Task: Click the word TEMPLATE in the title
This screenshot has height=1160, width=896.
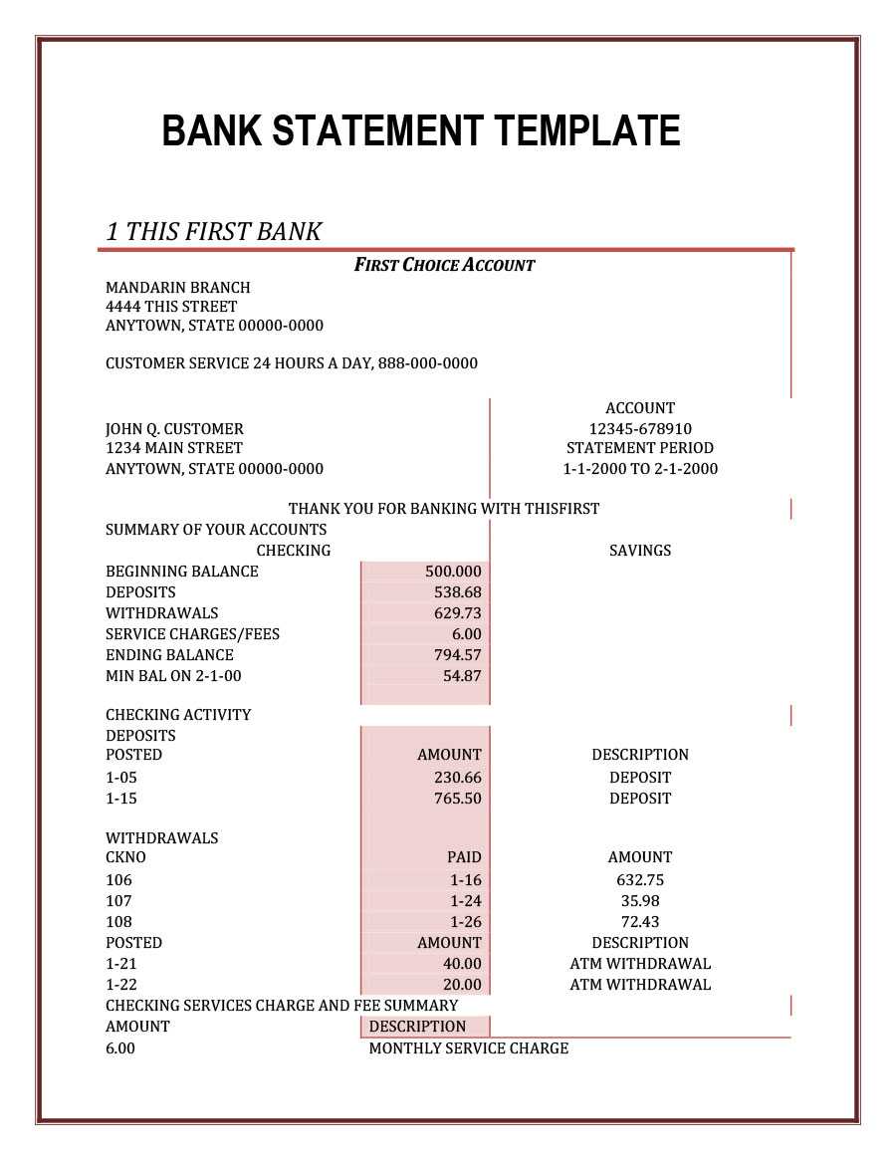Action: click(586, 131)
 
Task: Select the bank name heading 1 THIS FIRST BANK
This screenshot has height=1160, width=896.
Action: click(213, 232)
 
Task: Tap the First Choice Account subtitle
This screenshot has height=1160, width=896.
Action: click(444, 265)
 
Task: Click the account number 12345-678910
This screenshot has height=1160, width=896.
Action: click(640, 428)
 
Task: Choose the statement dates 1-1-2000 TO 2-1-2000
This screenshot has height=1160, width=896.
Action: click(640, 469)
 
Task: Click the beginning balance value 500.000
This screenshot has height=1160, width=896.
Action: click(453, 572)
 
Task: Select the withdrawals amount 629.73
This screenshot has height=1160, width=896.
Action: click(457, 613)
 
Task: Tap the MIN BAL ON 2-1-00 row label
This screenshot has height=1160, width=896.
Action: click(173, 676)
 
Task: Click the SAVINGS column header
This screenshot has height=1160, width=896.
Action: click(640, 551)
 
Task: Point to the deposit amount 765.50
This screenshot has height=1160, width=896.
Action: click(457, 799)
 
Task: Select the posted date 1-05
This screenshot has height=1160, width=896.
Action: click(121, 778)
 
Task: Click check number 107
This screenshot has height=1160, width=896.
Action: click(118, 901)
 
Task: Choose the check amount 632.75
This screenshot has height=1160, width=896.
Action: click(640, 880)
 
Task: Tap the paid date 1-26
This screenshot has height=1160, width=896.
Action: click(465, 922)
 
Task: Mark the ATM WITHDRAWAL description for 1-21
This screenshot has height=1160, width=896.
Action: click(640, 964)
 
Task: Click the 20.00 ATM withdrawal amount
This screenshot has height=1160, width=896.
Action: click(462, 985)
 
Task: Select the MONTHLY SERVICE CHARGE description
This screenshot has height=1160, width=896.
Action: click(468, 1048)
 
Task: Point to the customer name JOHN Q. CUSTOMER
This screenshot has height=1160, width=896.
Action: click(174, 429)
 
